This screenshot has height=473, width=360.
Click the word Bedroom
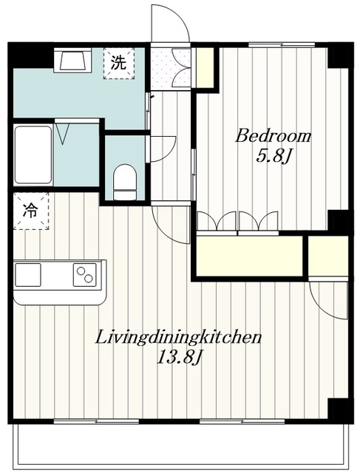tap(273, 136)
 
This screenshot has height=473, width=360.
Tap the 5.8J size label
tap(273, 157)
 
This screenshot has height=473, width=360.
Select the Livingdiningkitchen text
tap(178, 338)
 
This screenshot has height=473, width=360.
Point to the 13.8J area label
tap(179, 358)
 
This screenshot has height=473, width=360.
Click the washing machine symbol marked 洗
tap(118, 63)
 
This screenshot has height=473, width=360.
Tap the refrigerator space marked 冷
tap(31, 211)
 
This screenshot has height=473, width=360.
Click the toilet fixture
tap(125, 182)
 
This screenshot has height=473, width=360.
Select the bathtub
tap(33, 154)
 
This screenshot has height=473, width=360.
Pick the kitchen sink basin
tap(28, 275)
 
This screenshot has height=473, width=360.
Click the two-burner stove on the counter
tap(85, 275)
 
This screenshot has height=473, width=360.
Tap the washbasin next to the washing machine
tap(72, 60)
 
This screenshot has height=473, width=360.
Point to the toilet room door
tap(163, 149)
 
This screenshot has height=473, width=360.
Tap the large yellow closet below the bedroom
tap(249, 256)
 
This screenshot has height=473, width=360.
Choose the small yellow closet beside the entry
tap(205, 67)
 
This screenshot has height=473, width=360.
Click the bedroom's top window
tap(282, 45)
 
